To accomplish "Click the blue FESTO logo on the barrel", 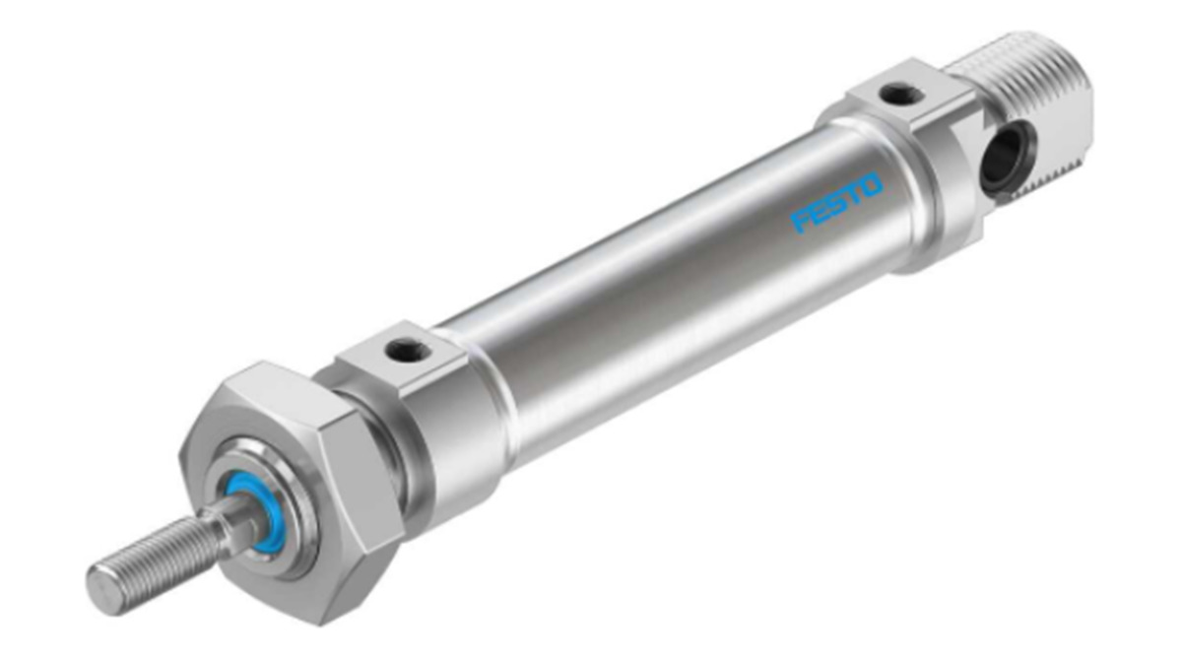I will click(x=837, y=203).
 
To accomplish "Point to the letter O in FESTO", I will click(x=871, y=185).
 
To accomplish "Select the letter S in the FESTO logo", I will click(x=837, y=203).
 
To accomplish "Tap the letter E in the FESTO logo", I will click(x=820, y=213).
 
